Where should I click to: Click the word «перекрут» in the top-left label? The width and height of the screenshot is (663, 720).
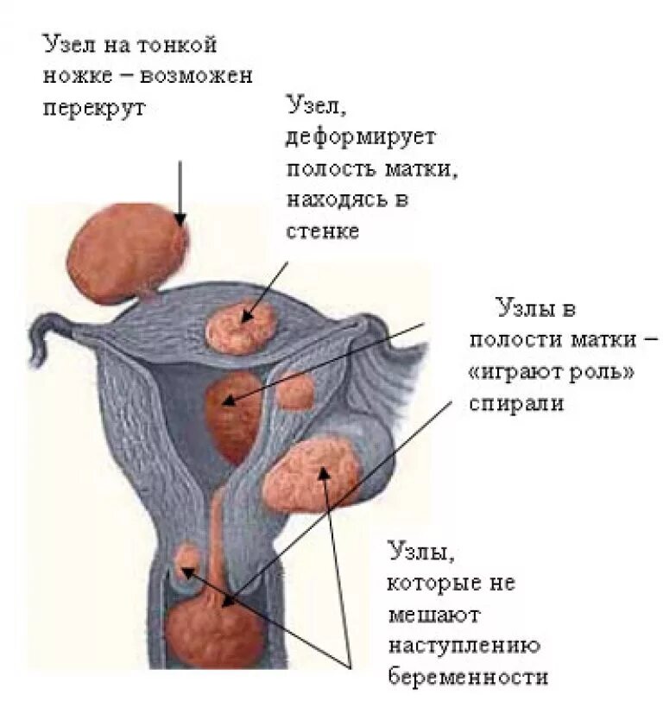[x=95, y=109]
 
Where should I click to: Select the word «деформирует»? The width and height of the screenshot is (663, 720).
[x=362, y=136]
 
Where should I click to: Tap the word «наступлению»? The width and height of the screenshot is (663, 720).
[x=464, y=646]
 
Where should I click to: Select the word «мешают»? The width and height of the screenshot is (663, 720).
[x=431, y=615]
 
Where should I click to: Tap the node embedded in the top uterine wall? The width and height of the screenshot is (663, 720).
[x=242, y=325]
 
